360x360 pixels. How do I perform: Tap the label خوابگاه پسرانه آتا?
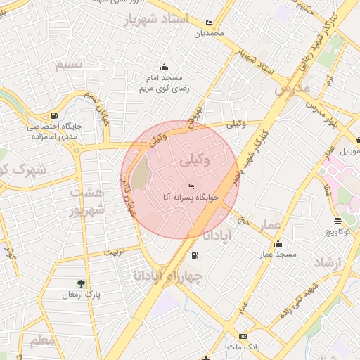[x=191, y=198]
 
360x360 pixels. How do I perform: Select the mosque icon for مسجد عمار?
[x=278, y=244]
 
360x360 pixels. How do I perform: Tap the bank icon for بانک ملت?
[x=243, y=337]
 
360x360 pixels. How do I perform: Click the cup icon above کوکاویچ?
[x=338, y=219]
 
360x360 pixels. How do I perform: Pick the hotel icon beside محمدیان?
[x=209, y=22]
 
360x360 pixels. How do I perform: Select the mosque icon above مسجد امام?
[x=165, y=67]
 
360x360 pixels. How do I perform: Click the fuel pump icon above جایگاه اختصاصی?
[x=55, y=115]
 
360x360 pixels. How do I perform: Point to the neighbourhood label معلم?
[x=42, y=340]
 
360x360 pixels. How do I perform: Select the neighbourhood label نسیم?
[x=70, y=65]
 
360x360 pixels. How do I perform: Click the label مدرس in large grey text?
[x=292, y=89]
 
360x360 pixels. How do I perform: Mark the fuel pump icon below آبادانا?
[x=195, y=255]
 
